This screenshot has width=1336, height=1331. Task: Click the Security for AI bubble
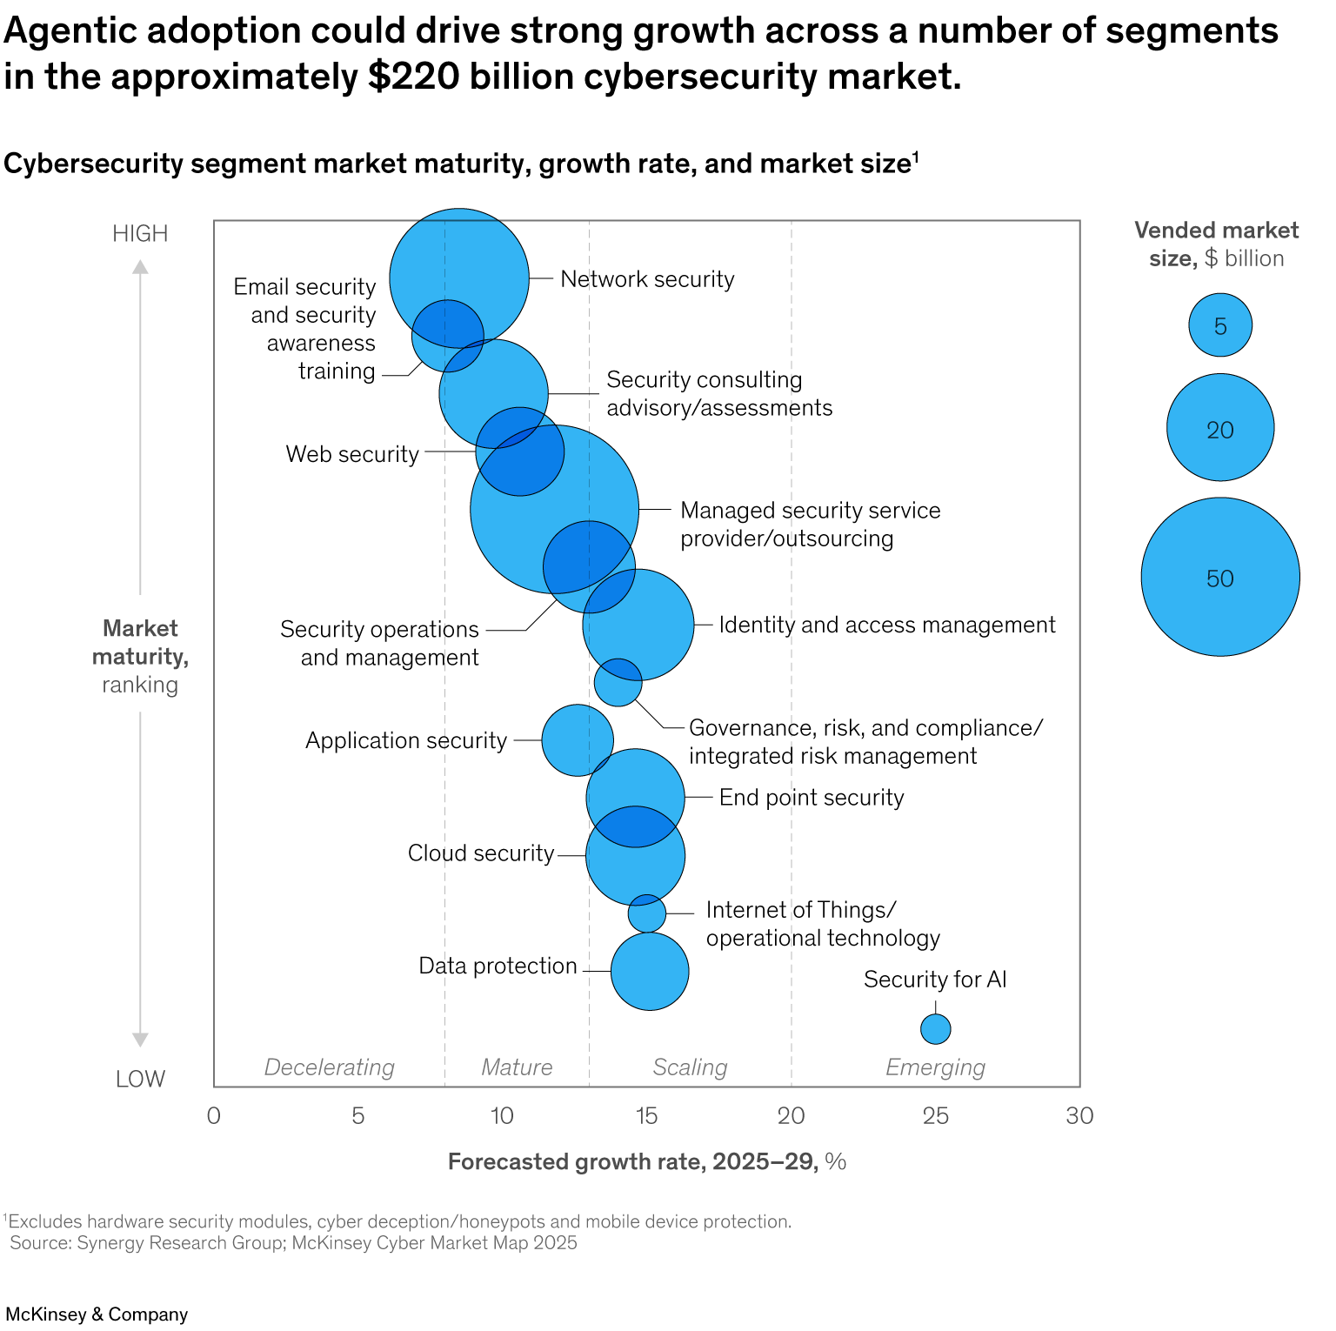(x=935, y=1029)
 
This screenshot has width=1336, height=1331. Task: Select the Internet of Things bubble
(x=647, y=913)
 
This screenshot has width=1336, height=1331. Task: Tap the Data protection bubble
(x=650, y=971)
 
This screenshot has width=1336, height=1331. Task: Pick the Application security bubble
(x=577, y=740)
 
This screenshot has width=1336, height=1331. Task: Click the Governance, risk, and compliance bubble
(x=618, y=682)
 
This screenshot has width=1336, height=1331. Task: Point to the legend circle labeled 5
(x=1220, y=325)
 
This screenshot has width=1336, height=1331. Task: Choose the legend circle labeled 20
(x=1220, y=428)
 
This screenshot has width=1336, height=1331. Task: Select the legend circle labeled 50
(x=1220, y=577)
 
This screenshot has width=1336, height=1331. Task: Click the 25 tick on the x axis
(x=935, y=1116)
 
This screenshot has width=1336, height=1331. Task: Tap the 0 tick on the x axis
(x=214, y=1116)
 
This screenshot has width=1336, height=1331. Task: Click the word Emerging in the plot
(x=935, y=1067)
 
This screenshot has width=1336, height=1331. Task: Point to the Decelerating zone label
(x=329, y=1067)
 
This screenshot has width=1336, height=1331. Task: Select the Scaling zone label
(x=690, y=1067)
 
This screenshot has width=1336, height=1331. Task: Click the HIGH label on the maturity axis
(x=140, y=233)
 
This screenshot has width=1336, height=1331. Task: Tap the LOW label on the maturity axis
(x=140, y=1079)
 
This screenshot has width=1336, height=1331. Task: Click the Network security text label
(x=647, y=279)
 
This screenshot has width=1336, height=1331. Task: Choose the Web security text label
(x=352, y=454)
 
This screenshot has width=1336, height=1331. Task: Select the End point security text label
(x=812, y=798)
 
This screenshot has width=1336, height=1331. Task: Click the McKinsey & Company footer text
(x=97, y=1314)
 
